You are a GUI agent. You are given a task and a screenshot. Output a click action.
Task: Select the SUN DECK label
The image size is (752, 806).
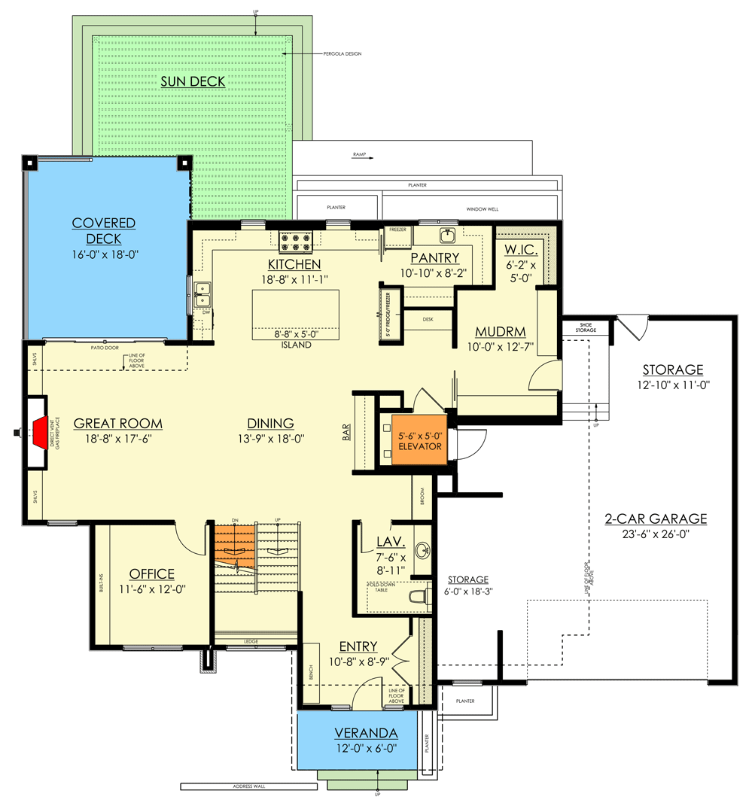193,81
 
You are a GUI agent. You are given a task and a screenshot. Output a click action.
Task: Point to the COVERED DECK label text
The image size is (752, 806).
104,230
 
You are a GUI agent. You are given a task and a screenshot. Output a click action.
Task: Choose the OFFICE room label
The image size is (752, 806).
151,573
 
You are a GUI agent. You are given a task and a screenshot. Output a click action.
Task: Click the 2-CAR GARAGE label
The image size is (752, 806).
656,519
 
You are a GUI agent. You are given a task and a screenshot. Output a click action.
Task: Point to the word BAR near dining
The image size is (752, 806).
347,433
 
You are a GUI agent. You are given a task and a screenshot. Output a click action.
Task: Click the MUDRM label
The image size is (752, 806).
500,332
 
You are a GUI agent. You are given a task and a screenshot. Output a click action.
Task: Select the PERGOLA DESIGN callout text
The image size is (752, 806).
343,54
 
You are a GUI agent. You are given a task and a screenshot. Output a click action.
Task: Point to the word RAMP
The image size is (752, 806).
359,154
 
